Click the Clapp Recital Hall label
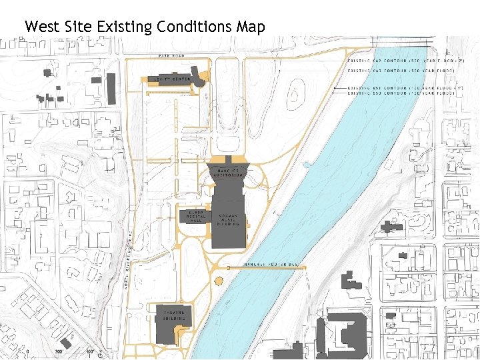click(195, 216)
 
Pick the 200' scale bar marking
click(59, 351)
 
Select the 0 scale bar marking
click(28, 351)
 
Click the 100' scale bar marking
click(89, 351)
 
